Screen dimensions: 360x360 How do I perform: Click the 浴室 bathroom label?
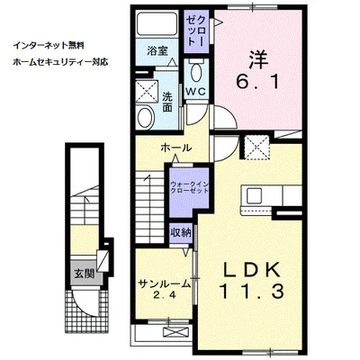pyautogui.click(x=157, y=51)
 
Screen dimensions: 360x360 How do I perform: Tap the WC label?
pyautogui.click(x=195, y=92)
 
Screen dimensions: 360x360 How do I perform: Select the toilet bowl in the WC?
pyautogui.click(x=196, y=72)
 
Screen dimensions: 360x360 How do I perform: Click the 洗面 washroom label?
pyautogui.click(x=167, y=102)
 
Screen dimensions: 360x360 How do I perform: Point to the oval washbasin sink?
pyautogui.click(x=146, y=117)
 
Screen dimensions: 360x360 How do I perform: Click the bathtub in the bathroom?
pyautogui.click(x=157, y=23)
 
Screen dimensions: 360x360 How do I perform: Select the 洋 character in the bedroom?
pyautogui.click(x=258, y=59)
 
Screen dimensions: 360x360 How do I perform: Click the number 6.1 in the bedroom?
pyautogui.click(x=258, y=82)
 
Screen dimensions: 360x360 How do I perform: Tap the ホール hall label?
pyautogui.click(x=175, y=148)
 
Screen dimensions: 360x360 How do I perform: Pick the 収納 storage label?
pyautogui.click(x=181, y=232)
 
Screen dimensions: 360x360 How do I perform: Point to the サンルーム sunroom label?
pyautogui.click(x=165, y=283)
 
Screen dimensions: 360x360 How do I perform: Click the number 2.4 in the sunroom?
pyautogui.click(x=165, y=295)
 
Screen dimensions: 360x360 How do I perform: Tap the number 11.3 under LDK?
pyautogui.click(x=251, y=291)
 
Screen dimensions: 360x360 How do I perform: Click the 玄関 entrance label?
pyautogui.click(x=85, y=274)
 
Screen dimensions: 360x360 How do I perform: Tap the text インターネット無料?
pyautogui.click(x=49, y=46)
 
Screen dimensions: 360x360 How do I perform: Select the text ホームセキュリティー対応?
pyautogui.click(x=60, y=62)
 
